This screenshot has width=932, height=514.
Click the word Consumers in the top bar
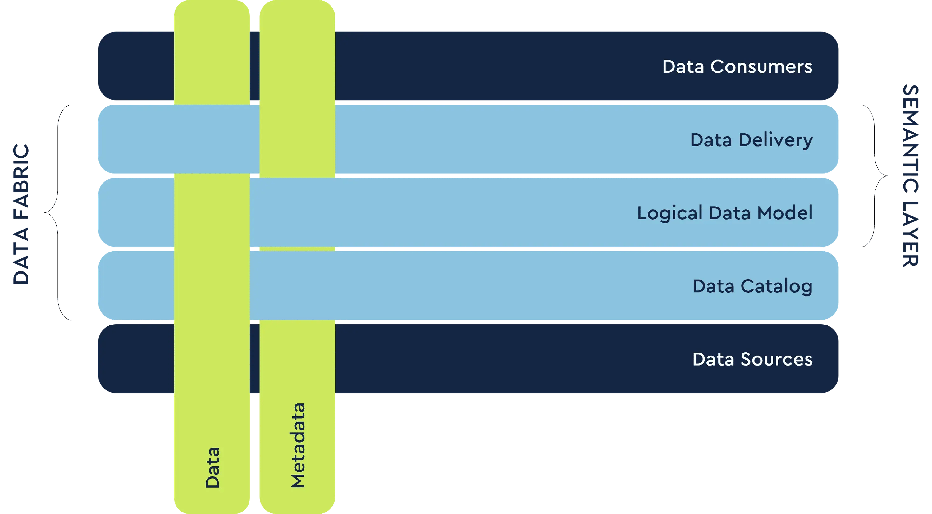click(761, 66)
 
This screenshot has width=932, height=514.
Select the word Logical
click(670, 213)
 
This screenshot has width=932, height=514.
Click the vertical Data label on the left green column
click(212, 467)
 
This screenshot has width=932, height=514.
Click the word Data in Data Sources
click(714, 359)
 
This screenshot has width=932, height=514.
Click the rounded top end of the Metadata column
click(297, 11)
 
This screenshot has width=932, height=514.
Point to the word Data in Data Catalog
click(714, 286)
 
